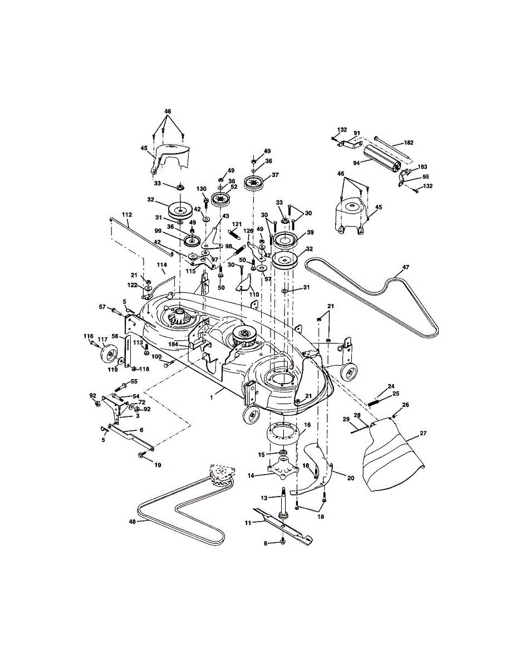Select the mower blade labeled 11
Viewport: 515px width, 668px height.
[x=284, y=524]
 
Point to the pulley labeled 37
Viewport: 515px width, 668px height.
[x=256, y=181]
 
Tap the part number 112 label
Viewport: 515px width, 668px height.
[x=127, y=215]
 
